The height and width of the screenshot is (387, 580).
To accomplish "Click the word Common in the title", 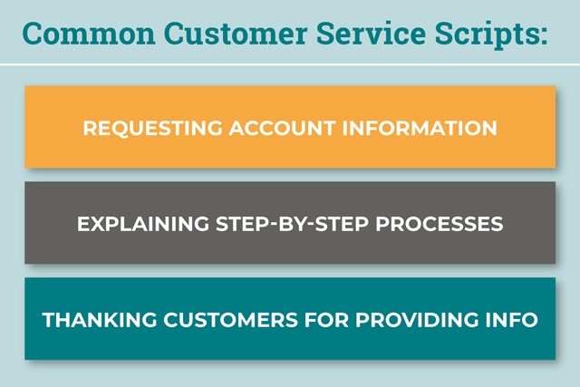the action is (x=89, y=34).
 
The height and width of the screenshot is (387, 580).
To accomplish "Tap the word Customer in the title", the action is (x=236, y=34).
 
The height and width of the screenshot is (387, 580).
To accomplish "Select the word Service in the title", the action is (x=371, y=34).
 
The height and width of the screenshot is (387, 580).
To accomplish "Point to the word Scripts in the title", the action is (x=486, y=36).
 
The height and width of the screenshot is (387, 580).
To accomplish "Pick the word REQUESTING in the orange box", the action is (x=152, y=129).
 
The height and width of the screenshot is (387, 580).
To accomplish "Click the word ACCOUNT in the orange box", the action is (x=282, y=128).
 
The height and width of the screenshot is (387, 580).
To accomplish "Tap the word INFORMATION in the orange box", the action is (x=420, y=128).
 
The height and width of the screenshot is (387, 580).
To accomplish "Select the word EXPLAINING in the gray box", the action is (x=143, y=224).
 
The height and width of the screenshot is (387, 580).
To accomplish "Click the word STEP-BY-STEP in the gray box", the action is (x=292, y=224).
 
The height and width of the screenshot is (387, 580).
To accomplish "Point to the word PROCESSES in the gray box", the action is (x=440, y=224).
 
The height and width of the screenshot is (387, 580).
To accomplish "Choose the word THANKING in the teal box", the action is (x=100, y=320).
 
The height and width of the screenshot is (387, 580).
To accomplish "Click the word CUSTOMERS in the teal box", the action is (x=231, y=320).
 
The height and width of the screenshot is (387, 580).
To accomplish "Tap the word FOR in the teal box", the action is (x=326, y=320).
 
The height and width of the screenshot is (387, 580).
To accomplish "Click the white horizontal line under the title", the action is (x=290, y=64).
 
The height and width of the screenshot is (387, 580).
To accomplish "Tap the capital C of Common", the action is (x=33, y=34).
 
